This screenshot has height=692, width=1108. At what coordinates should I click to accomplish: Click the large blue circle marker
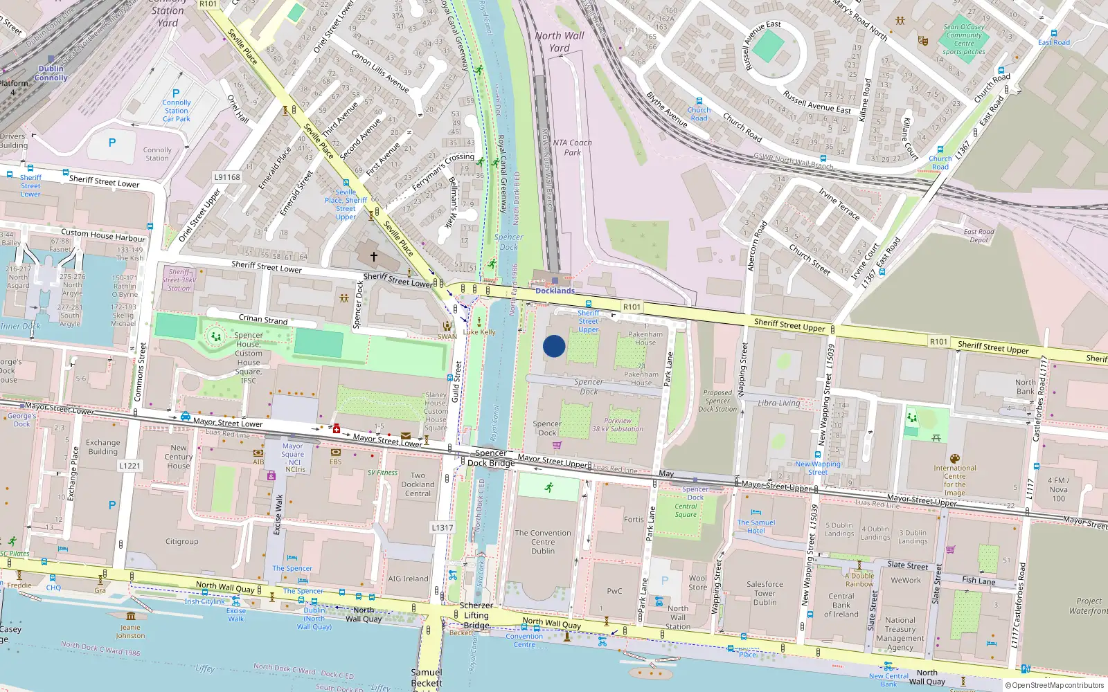pos(554,346)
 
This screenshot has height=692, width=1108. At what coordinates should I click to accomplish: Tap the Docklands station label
pos(555,291)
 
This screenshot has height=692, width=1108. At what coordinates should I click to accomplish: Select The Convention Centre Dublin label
pos(543,542)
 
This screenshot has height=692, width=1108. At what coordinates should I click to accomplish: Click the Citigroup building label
pos(181,542)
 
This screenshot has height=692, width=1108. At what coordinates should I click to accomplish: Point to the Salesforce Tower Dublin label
pos(765,593)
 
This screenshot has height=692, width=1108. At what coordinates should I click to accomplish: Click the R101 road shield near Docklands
pos(632,307)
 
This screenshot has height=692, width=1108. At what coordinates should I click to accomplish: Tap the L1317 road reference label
pos(443,527)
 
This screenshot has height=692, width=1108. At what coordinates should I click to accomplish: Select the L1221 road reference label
pos(129,466)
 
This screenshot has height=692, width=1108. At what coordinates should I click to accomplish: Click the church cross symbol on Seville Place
pos(374,257)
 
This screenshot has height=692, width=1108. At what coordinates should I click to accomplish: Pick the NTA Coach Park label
pos(572,147)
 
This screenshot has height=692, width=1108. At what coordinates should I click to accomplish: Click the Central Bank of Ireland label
pos(841,605)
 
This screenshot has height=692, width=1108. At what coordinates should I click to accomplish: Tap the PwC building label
pos(614,591)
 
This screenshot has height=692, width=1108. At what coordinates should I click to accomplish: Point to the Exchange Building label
pos(102,447)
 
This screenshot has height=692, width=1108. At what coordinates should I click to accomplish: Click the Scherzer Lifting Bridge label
pos(476,615)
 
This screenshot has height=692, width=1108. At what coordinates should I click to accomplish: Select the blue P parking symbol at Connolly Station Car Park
pos(176,93)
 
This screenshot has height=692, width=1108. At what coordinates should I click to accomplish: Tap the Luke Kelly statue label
pos(479,332)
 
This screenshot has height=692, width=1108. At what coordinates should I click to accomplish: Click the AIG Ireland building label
pos(408,579)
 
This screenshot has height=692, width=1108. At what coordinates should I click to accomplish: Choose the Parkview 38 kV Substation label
pos(618,425)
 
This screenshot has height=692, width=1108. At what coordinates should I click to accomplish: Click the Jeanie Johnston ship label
pos(130,632)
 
